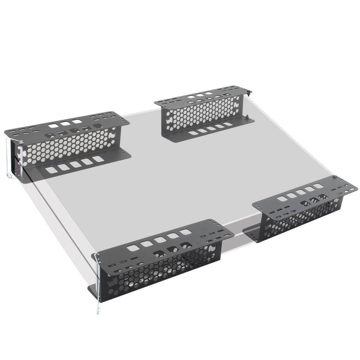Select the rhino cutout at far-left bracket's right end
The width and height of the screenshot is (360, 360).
coord(112,135)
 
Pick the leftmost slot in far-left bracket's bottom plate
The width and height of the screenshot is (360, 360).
coord(51,170)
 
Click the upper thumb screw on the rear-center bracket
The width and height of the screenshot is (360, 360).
coord(249,93)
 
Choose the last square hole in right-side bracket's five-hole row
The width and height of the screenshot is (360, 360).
coord(319,186)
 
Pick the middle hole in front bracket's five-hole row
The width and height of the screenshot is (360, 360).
coord(160,240)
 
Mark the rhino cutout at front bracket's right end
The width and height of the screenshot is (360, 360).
coord(211,249)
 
